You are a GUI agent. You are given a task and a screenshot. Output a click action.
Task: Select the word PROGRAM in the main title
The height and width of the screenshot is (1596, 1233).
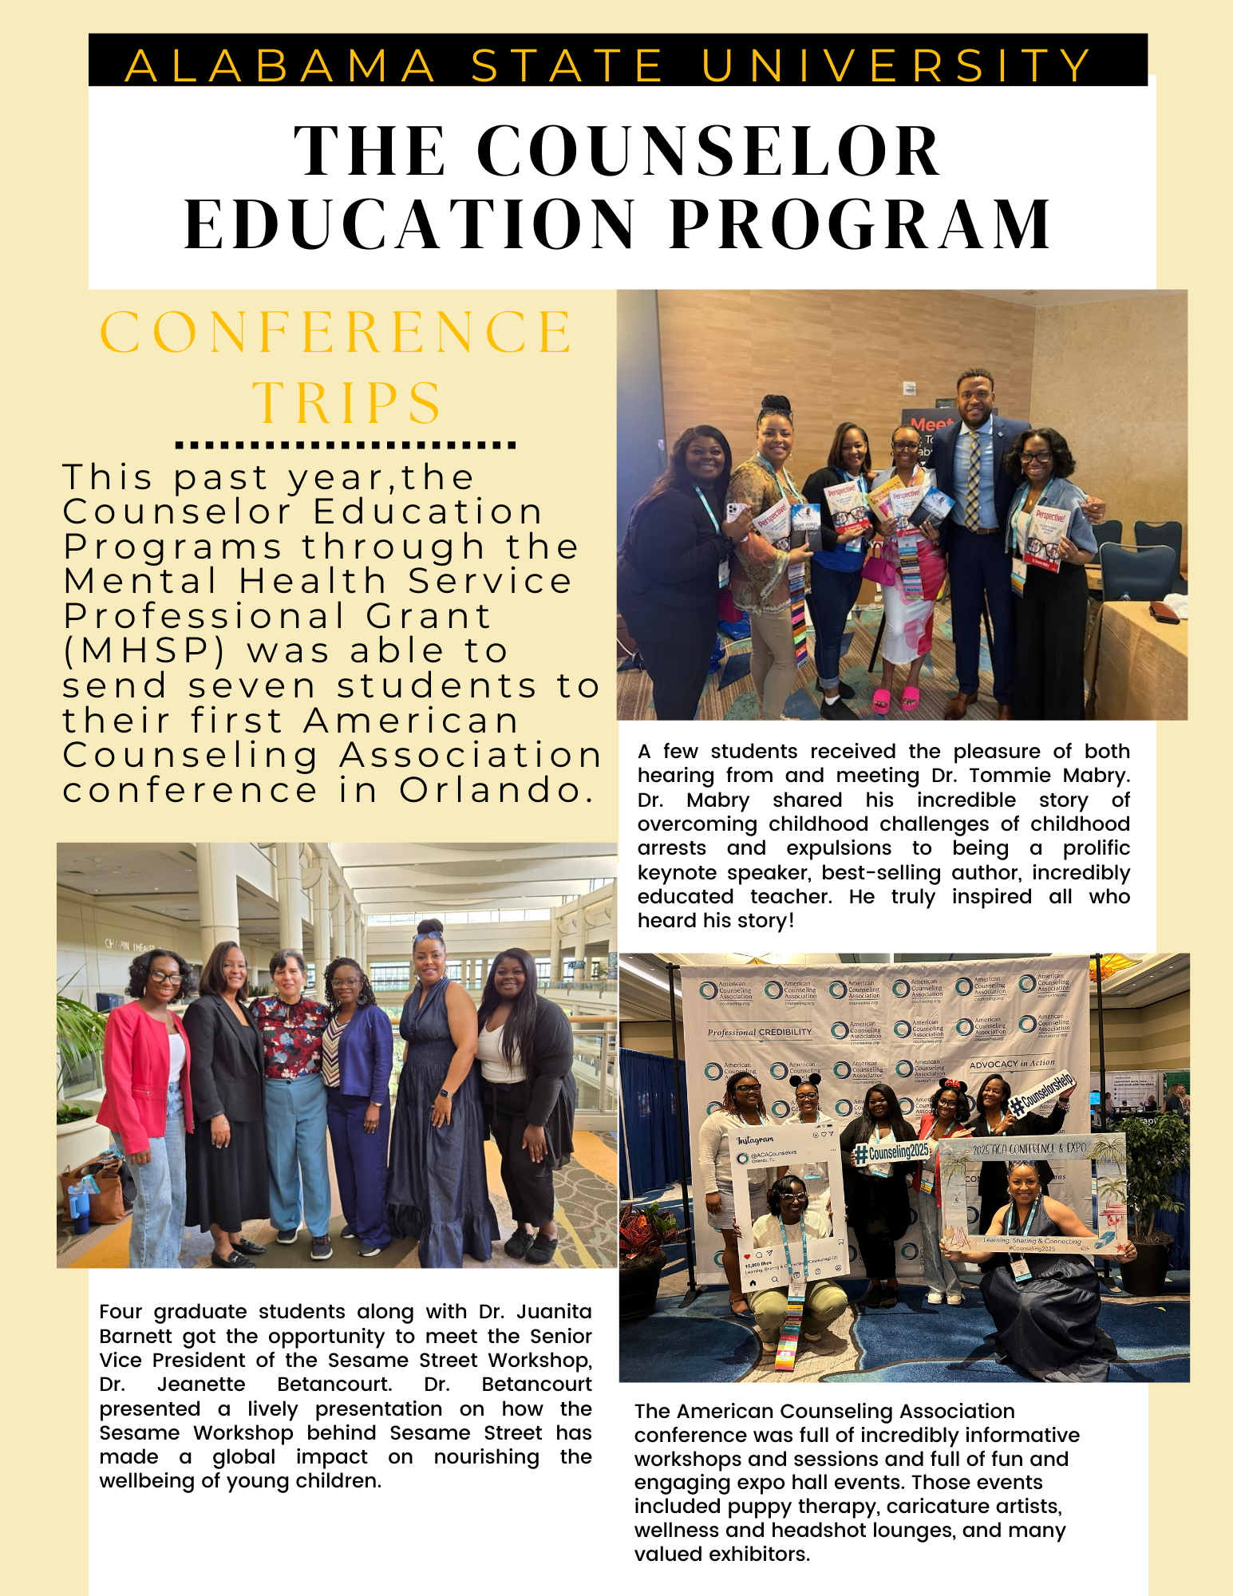click(860, 225)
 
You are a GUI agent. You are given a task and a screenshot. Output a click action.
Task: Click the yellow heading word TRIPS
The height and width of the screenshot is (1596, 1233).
click(348, 402)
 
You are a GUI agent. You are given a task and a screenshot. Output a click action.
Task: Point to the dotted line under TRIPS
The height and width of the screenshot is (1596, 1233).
click(345, 445)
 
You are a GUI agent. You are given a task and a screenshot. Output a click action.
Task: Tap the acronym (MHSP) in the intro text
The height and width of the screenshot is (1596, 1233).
click(144, 651)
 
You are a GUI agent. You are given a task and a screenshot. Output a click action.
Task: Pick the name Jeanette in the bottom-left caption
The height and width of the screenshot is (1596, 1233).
click(201, 1384)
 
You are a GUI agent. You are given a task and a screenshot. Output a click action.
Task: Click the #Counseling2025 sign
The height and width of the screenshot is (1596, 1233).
click(892, 1152)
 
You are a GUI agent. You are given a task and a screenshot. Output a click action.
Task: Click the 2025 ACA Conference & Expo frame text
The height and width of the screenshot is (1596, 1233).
click(1029, 1148)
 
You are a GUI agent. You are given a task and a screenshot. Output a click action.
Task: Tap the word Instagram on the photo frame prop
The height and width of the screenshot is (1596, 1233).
click(755, 1140)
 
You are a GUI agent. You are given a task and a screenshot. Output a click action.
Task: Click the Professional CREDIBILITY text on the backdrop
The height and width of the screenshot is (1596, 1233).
click(759, 1032)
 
